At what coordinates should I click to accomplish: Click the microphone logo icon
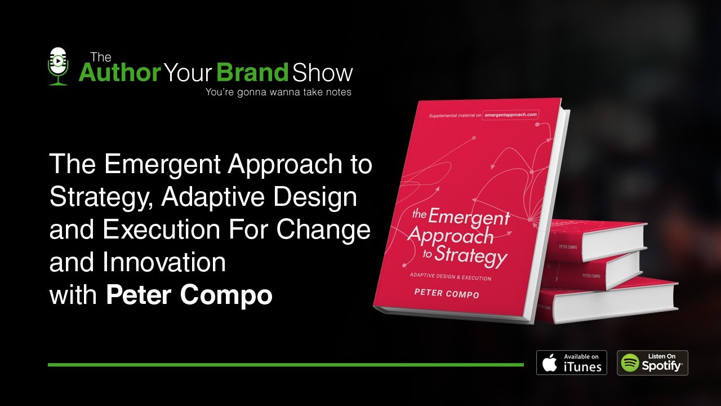58,67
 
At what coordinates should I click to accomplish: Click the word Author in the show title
119,72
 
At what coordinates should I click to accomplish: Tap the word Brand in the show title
252,72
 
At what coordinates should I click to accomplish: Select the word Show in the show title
322,72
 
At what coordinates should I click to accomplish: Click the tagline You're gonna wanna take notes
278,92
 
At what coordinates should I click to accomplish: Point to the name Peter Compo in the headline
189,295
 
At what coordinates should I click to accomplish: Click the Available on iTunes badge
571,363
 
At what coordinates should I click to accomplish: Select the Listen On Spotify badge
652,363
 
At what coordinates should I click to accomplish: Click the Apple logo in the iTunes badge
550,363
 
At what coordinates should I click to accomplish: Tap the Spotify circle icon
630,363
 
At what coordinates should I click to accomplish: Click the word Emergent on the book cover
468,217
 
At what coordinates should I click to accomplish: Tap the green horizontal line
286,365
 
